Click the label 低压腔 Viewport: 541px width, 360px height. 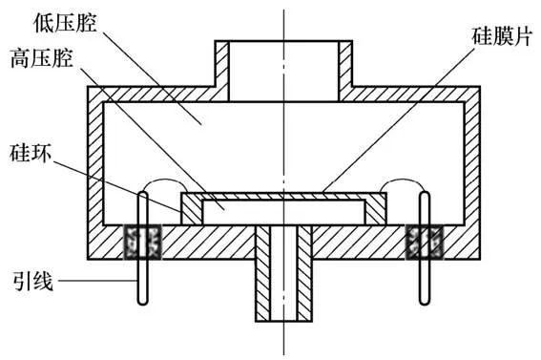click(x=65, y=24)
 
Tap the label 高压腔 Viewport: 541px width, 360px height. click(x=42, y=58)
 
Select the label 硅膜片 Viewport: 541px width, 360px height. click(x=501, y=36)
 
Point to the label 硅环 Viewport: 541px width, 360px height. click(x=31, y=153)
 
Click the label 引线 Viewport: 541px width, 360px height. click(x=33, y=281)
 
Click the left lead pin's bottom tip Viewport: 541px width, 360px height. click(x=142, y=305)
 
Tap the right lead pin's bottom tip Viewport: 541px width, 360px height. click(x=425, y=305)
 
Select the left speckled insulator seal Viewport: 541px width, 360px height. click(x=143, y=242)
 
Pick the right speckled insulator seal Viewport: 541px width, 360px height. click(x=425, y=242)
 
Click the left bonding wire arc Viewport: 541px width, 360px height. click(x=165, y=180)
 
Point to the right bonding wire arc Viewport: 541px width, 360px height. click(x=402, y=180)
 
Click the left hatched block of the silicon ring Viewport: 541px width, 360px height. click(x=192, y=212)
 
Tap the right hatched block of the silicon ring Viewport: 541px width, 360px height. click(x=375, y=212)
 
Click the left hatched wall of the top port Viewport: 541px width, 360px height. click(x=222, y=71)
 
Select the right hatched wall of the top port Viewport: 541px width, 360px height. click(x=345, y=71)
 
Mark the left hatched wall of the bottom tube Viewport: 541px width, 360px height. click(x=263, y=273)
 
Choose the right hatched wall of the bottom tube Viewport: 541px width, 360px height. click(x=304, y=273)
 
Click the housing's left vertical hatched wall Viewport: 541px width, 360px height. click(x=95, y=173)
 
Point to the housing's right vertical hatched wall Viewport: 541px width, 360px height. click(x=472, y=173)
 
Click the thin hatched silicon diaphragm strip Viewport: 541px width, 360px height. click(x=283, y=197)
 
